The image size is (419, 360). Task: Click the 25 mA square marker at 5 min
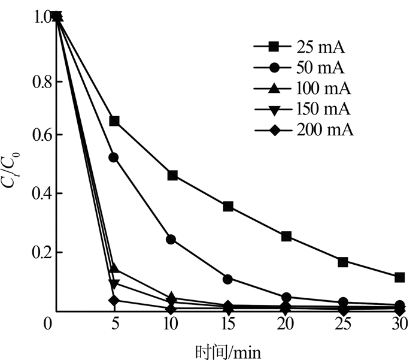114,121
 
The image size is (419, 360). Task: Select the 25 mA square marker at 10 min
172,176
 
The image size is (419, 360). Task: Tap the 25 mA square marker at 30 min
400,277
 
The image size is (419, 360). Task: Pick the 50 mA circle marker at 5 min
114,158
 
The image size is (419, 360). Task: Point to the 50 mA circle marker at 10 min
171,240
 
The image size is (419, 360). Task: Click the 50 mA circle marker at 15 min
228,279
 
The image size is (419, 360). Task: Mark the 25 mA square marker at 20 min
286,237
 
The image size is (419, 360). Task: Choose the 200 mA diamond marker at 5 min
114,300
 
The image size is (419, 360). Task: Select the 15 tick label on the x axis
228,325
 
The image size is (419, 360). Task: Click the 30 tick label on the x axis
400,325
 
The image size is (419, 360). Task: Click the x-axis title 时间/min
227,349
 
